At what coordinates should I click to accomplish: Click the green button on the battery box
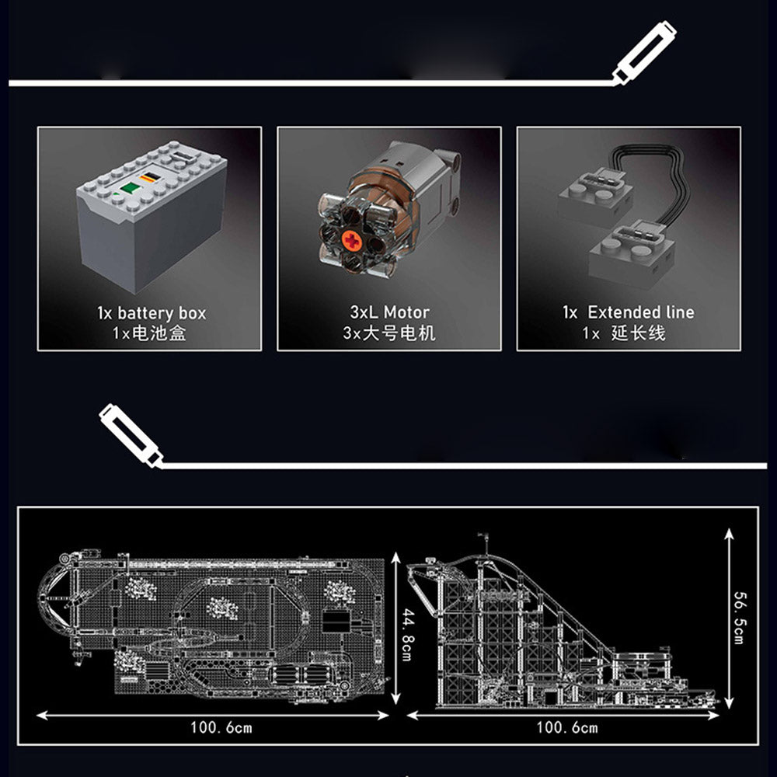click(129, 188)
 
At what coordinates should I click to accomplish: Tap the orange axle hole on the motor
click(351, 241)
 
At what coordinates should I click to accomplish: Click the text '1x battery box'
click(152, 313)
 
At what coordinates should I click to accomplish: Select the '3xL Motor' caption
click(389, 312)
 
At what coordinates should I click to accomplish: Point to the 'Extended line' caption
click(641, 312)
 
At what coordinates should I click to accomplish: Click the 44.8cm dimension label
click(407, 635)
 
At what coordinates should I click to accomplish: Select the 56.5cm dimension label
click(739, 618)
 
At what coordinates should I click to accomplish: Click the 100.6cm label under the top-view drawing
click(221, 728)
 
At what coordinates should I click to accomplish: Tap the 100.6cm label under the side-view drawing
click(567, 728)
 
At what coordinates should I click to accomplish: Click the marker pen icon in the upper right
click(643, 53)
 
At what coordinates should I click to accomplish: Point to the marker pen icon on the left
click(131, 435)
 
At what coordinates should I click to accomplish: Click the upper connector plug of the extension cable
click(594, 193)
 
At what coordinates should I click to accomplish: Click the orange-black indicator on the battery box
click(151, 177)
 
